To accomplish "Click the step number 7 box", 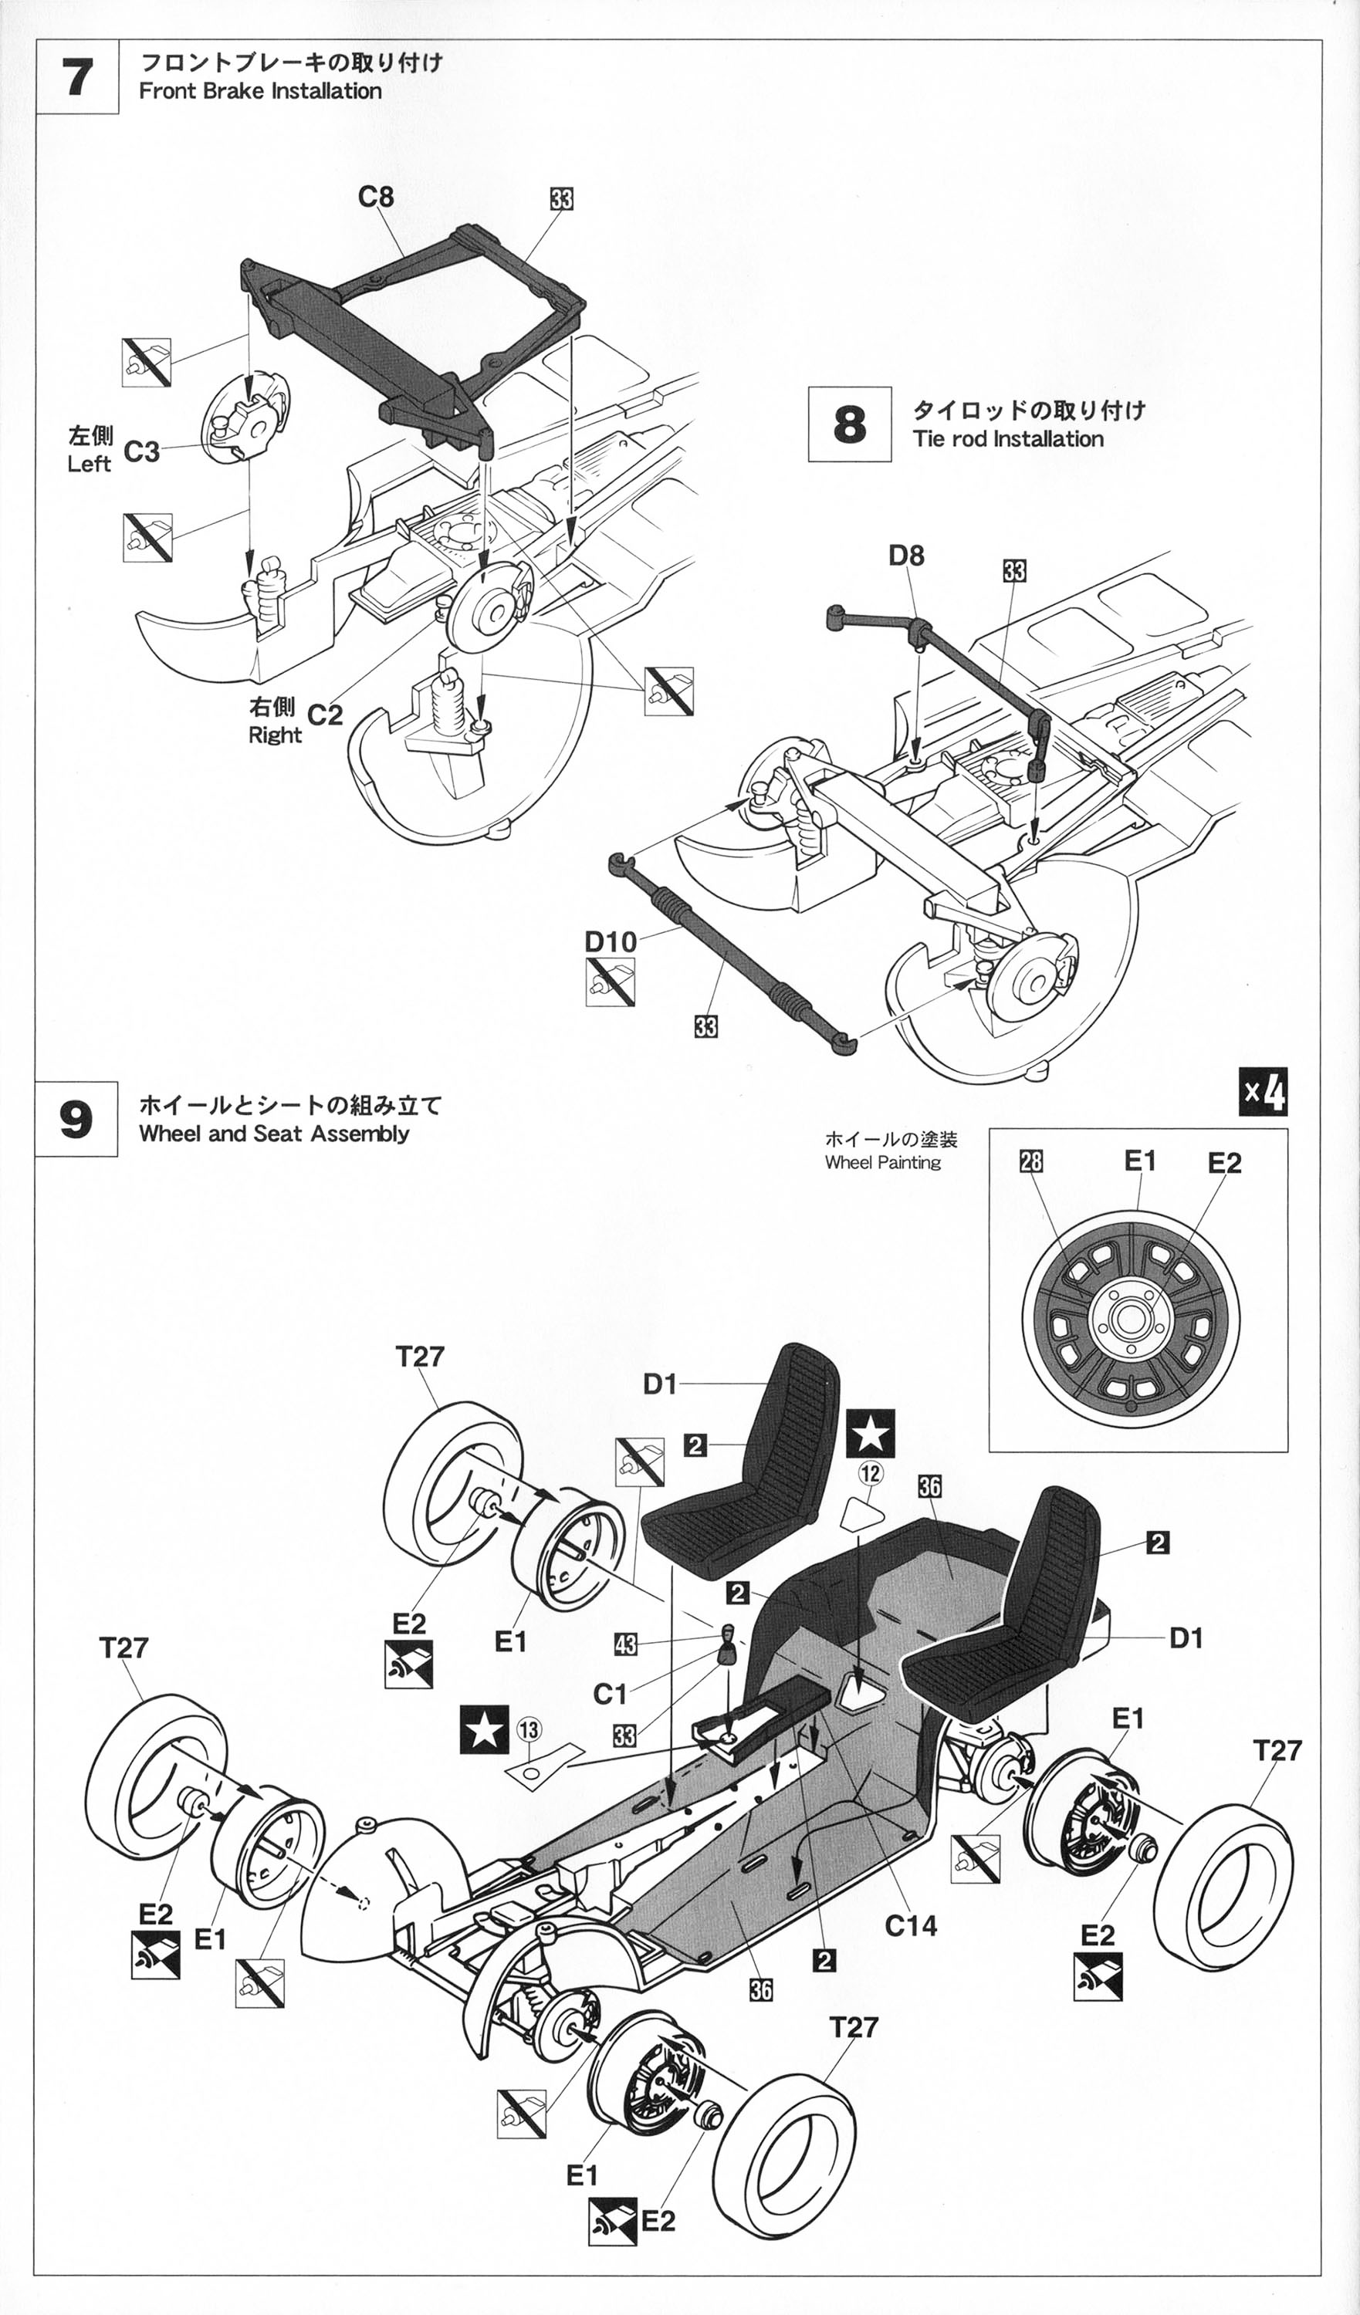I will click(x=77, y=76).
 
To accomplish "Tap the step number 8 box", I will click(x=849, y=424).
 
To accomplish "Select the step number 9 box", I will click(x=76, y=1119).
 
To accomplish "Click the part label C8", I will click(x=376, y=197).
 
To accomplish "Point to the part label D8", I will click(x=906, y=556).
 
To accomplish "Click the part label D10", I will click(x=611, y=941).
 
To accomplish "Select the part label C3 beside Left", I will click(x=141, y=451).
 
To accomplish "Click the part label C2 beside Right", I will click(x=324, y=715).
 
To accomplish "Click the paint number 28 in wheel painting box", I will click(x=1031, y=1162).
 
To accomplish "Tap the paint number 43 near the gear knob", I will click(x=625, y=1644).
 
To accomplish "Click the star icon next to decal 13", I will click(x=483, y=1730).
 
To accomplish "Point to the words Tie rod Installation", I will click(x=1007, y=439).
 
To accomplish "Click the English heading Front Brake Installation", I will click(x=260, y=91).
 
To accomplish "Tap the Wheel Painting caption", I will click(x=882, y=1162).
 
